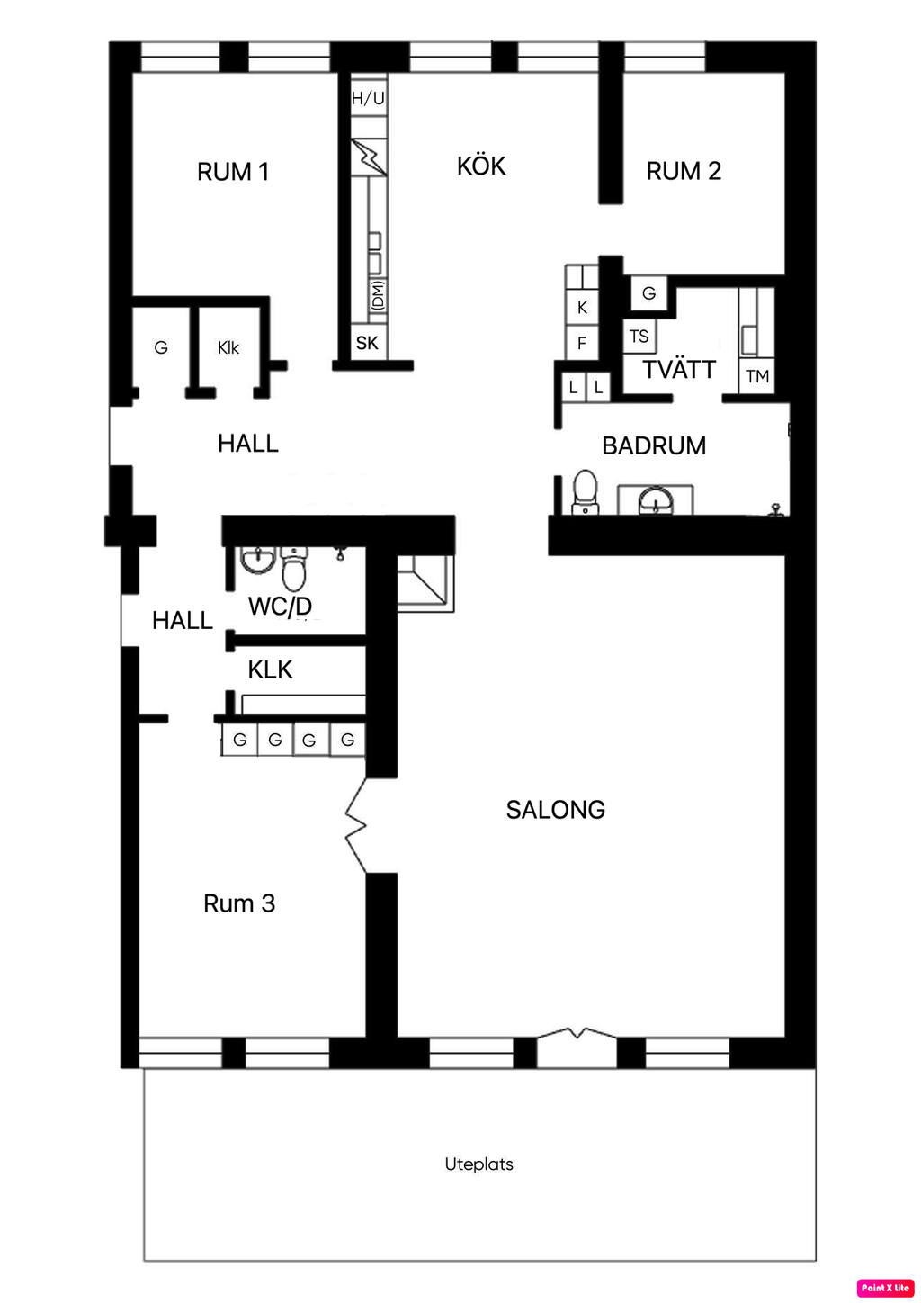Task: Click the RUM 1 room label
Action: [233, 172]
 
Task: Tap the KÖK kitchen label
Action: [481, 166]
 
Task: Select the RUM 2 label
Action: [684, 171]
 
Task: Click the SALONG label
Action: [555, 810]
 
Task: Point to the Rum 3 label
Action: [239, 903]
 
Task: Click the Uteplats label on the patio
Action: [478, 1164]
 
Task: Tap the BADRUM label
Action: [654, 446]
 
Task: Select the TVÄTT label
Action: [679, 370]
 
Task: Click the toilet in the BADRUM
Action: [586, 492]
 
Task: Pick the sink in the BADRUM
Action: [656, 499]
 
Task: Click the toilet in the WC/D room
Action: [294, 569]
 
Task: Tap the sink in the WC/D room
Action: [258, 560]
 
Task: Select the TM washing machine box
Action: [757, 376]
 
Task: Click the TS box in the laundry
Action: [639, 337]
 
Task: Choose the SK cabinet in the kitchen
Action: [367, 343]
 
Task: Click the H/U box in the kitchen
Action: [368, 98]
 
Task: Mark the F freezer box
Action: [582, 343]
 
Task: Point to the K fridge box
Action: [582, 307]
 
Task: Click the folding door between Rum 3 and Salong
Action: [356, 824]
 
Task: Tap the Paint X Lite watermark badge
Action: [885, 1288]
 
